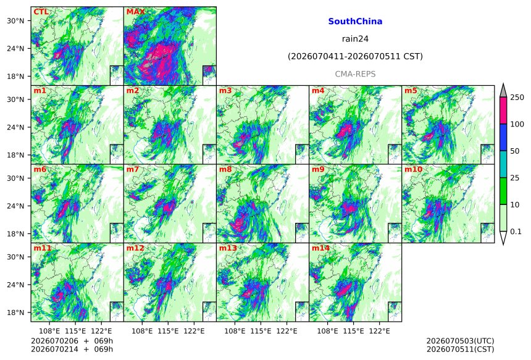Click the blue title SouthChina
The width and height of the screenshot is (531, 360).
(x=355, y=22)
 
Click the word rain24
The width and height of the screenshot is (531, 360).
(x=355, y=39)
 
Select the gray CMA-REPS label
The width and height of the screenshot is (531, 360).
(x=355, y=74)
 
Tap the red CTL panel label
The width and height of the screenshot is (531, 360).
(x=41, y=12)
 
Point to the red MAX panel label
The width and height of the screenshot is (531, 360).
(x=135, y=12)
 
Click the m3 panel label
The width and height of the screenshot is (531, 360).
(x=225, y=91)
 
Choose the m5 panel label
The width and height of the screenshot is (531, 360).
(x=411, y=91)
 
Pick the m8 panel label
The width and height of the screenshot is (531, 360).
(x=225, y=169)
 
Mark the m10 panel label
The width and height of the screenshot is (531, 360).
(x=413, y=169)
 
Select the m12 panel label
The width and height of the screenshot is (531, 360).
(x=135, y=248)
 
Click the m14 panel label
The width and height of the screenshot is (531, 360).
(x=320, y=248)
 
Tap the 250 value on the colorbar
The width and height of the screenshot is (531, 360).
(x=517, y=98)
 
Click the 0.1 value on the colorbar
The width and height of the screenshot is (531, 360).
(x=516, y=232)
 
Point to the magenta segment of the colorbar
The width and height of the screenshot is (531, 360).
(x=503, y=111)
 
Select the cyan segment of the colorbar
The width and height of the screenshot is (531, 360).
(x=503, y=164)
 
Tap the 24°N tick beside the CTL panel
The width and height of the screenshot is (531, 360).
(x=15, y=48)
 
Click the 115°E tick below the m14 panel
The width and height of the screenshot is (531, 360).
(x=354, y=331)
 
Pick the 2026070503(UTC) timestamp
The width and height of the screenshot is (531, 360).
(x=460, y=341)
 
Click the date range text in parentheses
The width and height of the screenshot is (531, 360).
(x=355, y=56)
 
